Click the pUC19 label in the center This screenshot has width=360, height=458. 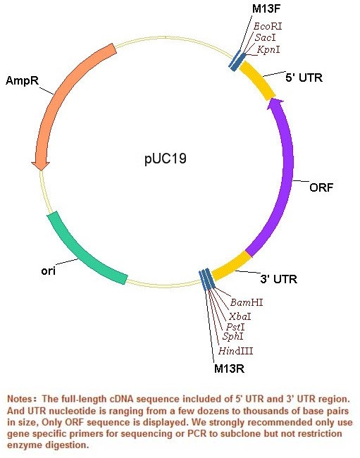click(x=166, y=159)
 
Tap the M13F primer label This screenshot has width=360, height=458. click(x=266, y=8)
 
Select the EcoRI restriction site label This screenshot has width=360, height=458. click(x=268, y=26)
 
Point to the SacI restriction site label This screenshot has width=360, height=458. click(x=265, y=37)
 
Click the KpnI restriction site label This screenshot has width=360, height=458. click(x=268, y=49)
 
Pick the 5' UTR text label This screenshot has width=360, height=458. click(x=304, y=78)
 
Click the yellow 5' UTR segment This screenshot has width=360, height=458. click(x=258, y=80)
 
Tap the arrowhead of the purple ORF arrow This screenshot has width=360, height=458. click(x=275, y=103)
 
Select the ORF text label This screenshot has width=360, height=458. click(x=321, y=187)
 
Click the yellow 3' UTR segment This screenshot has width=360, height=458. click(x=231, y=266)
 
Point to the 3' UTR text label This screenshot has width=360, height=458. click(x=278, y=279)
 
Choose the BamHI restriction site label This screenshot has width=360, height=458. click(x=247, y=302)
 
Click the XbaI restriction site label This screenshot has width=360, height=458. click(x=240, y=316)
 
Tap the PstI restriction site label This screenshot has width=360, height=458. click(x=235, y=326)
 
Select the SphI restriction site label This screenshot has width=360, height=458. click(x=232, y=336)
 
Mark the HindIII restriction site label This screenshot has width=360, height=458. click(x=235, y=350)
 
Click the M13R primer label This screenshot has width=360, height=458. click(x=229, y=369)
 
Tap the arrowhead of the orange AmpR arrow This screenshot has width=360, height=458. click(x=40, y=165)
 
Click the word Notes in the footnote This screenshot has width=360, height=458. click(x=20, y=399)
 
